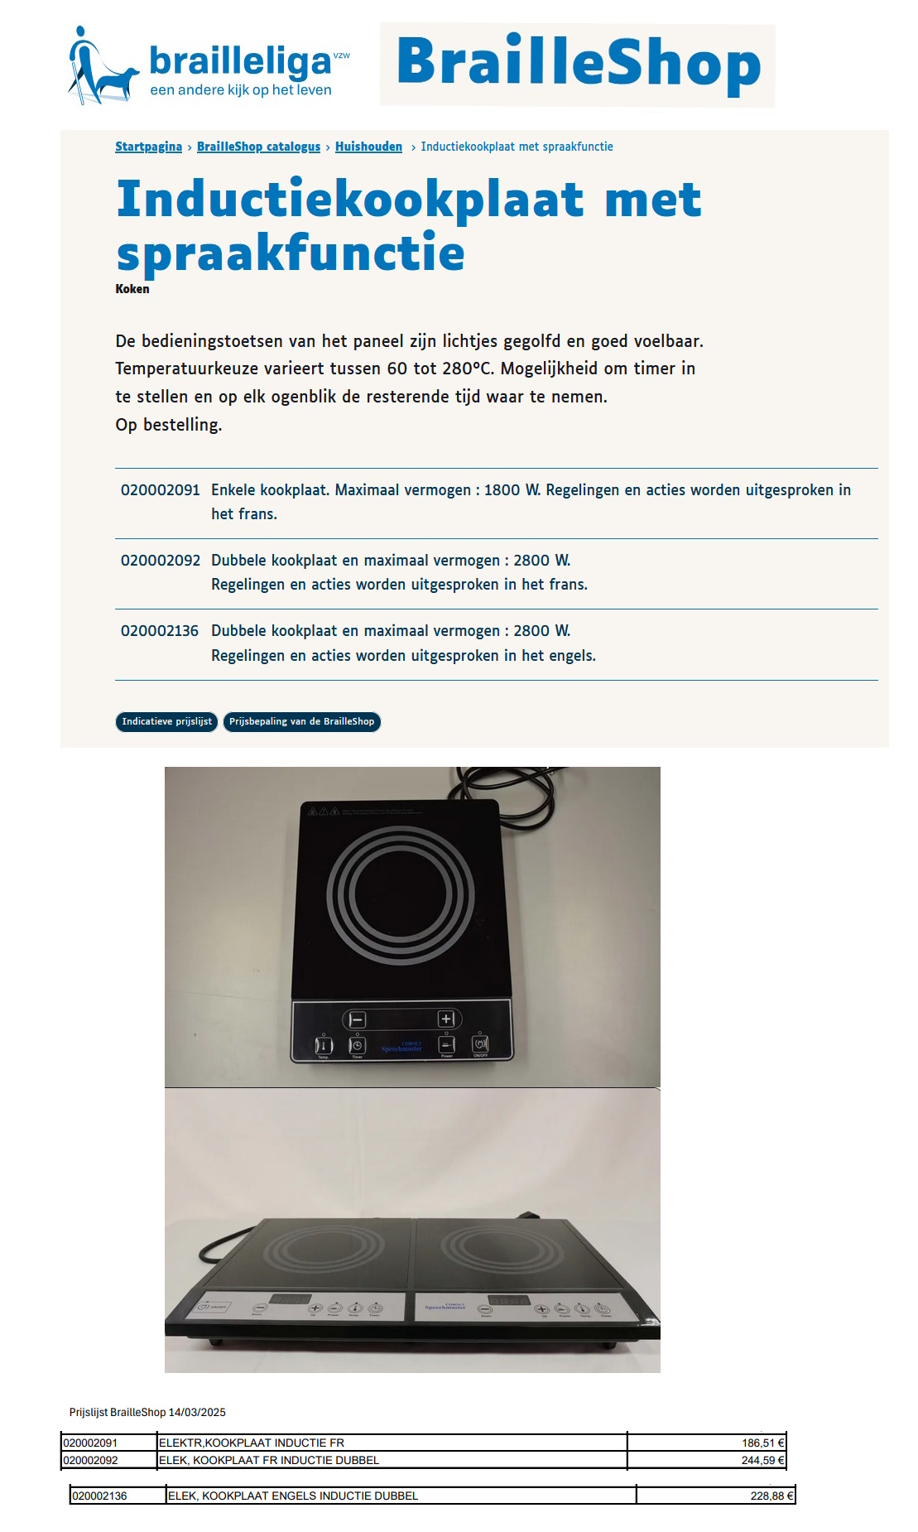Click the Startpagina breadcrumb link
click(148, 147)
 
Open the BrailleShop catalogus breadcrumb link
click(258, 147)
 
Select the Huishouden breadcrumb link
click(368, 147)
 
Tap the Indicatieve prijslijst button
click(166, 721)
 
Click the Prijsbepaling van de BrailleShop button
click(301, 721)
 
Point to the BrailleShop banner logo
click(578, 65)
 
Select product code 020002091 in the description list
click(160, 489)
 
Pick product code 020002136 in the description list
click(160, 631)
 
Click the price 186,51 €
click(762, 1443)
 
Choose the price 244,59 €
click(762, 1460)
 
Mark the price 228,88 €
click(771, 1496)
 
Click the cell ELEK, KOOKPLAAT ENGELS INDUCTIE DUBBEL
click(293, 1496)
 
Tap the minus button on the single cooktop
click(357, 1019)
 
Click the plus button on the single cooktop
click(446, 1019)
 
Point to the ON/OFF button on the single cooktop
click(480, 1044)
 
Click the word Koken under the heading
click(132, 289)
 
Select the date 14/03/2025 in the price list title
click(197, 1412)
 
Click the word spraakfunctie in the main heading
click(291, 253)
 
